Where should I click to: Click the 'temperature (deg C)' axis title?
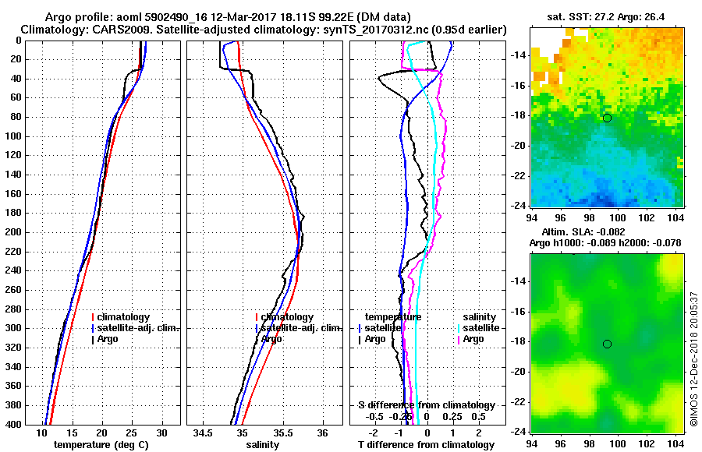[101, 445]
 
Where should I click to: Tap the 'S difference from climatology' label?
[427, 405]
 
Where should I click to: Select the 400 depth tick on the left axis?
[14, 425]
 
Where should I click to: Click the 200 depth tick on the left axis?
[14, 232]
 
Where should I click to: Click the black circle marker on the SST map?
[607, 118]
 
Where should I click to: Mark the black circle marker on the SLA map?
[607, 344]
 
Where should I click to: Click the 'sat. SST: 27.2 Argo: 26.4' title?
[608, 16]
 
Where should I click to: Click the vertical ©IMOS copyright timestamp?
[693, 358]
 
